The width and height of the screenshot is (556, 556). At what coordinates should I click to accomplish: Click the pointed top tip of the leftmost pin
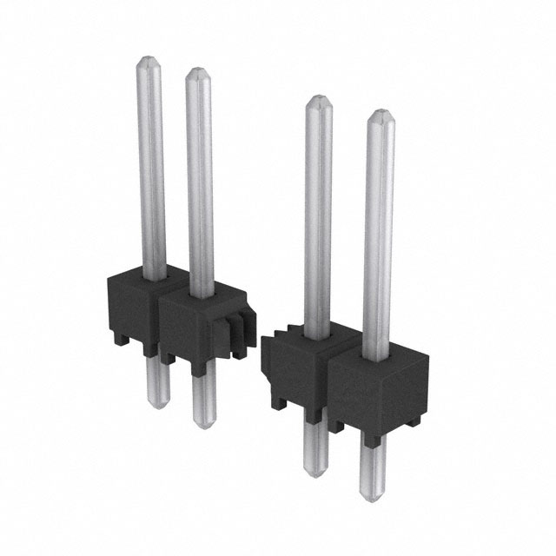click(x=149, y=60)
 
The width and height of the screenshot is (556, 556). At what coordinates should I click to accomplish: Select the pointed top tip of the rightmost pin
click(x=379, y=113)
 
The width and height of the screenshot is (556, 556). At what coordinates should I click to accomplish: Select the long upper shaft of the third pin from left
click(x=318, y=217)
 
